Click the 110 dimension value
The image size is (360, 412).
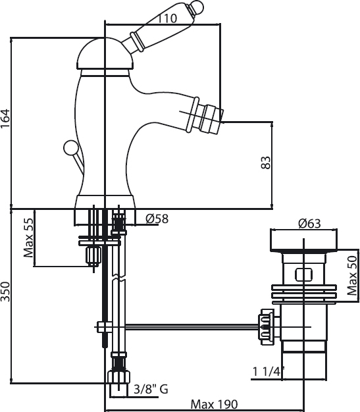[x=167, y=18]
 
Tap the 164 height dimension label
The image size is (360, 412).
[x=5, y=118]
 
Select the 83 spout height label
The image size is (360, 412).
[x=266, y=163]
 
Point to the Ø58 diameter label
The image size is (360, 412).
[x=157, y=219]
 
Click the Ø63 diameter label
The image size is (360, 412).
[x=309, y=224]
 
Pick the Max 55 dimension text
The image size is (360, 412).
[x=29, y=238]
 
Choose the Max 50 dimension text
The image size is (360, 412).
[x=352, y=276]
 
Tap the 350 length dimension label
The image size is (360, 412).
[x=5, y=292]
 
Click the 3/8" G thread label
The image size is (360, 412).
[x=151, y=389]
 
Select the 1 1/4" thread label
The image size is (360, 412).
[x=269, y=372]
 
